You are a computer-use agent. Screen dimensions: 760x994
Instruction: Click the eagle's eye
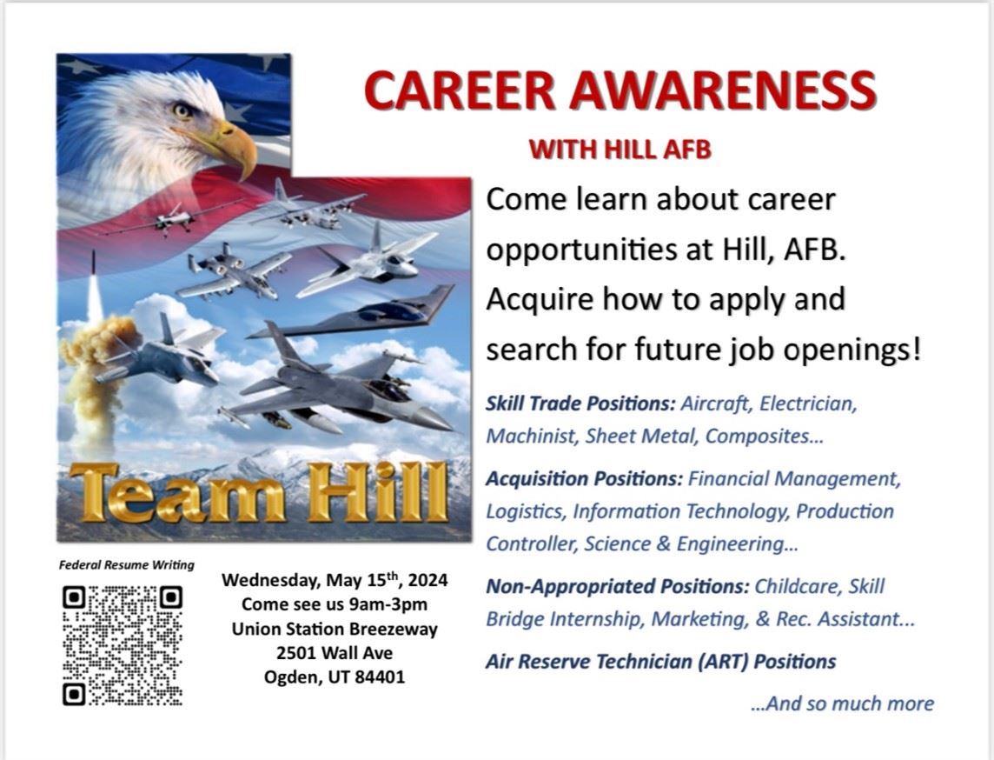pos(182,110)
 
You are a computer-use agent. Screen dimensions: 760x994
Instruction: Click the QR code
pos(123,644)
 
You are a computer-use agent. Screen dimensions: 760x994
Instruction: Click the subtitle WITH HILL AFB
pos(620,150)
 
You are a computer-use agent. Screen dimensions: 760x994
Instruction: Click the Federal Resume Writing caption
pos(127,564)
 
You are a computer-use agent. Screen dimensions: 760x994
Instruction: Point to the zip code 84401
pos(378,677)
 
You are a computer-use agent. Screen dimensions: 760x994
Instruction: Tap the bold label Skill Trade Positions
pos(580,404)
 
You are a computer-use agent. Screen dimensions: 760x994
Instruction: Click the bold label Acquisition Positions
pos(585,478)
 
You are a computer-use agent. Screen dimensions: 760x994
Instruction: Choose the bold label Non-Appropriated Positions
pos(617,586)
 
